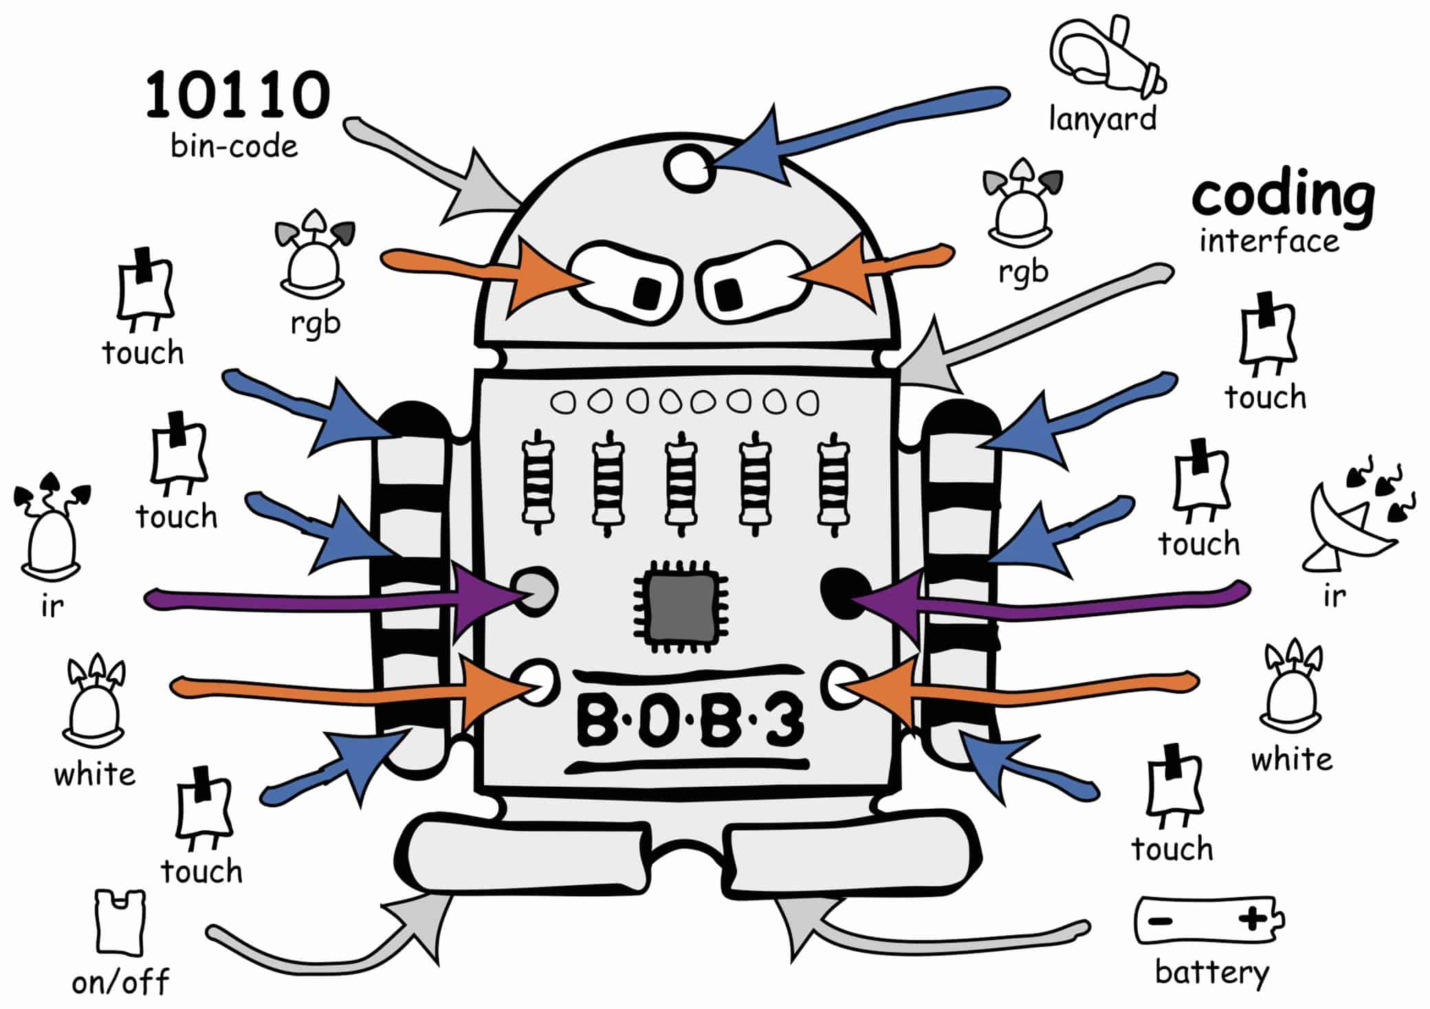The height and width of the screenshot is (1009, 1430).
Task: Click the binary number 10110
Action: click(237, 94)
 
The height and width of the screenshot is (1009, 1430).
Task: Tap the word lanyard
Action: click(1102, 119)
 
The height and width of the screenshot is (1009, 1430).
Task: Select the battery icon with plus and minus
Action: click(1208, 920)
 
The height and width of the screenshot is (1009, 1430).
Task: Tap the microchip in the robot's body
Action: click(681, 606)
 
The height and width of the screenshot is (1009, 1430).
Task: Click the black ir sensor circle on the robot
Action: click(840, 592)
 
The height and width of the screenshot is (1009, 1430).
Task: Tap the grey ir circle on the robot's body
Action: click(537, 590)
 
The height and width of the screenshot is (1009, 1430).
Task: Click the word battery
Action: click(1211, 973)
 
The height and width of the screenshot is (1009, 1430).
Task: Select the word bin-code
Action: click(234, 147)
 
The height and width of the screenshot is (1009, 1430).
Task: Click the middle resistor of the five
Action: click(681, 481)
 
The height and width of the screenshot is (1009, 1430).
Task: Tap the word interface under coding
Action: click(1269, 241)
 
